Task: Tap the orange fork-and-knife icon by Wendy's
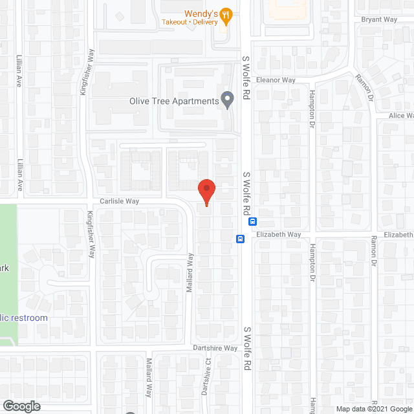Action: (225, 14)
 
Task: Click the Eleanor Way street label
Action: (276, 80)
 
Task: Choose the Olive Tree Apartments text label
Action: (173, 101)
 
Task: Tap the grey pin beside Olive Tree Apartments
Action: (227, 100)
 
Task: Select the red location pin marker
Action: (206, 191)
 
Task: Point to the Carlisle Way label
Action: (119, 201)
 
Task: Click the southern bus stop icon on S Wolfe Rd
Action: (240, 238)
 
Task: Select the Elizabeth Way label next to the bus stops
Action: (279, 234)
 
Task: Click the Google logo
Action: (21, 406)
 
